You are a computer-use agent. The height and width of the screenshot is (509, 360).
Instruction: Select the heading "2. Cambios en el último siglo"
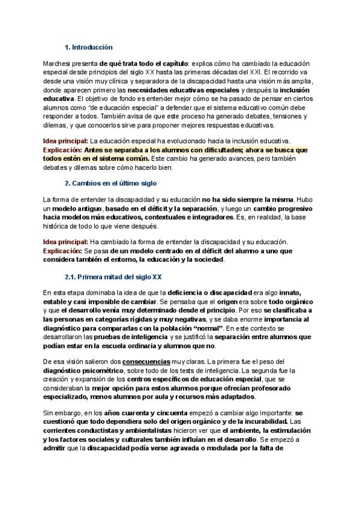pyautogui.click(x=110, y=182)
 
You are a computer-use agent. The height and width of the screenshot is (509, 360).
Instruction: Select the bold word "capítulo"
pyautogui.click(x=171, y=63)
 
